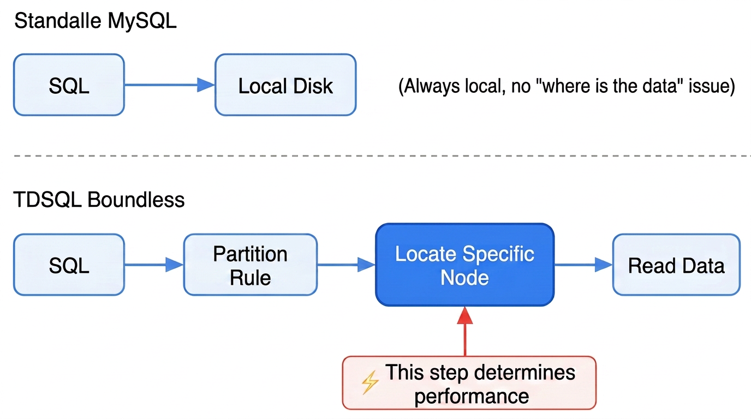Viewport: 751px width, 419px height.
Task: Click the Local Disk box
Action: (285, 85)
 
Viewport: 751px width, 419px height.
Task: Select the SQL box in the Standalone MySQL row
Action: (69, 85)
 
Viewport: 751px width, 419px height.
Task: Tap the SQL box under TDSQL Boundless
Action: (69, 265)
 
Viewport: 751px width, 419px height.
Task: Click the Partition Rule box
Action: (251, 265)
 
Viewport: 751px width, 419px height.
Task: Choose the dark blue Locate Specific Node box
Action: (464, 265)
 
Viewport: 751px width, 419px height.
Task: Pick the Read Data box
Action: (676, 265)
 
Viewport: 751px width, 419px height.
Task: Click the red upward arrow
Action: (465, 331)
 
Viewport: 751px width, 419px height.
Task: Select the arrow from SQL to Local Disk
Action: (170, 85)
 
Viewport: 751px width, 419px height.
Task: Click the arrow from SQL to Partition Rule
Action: (154, 265)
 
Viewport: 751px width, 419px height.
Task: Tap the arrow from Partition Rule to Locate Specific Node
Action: (347, 265)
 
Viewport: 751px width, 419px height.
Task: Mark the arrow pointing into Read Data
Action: (583, 265)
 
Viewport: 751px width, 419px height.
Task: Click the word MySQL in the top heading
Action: (142, 21)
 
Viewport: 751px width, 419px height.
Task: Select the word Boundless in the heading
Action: (136, 200)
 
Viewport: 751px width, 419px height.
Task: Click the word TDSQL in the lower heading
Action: (47, 200)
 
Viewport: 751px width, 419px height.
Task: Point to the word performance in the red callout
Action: (472, 397)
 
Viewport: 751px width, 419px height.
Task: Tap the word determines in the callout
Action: (524, 373)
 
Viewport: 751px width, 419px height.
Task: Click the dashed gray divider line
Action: (382, 156)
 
